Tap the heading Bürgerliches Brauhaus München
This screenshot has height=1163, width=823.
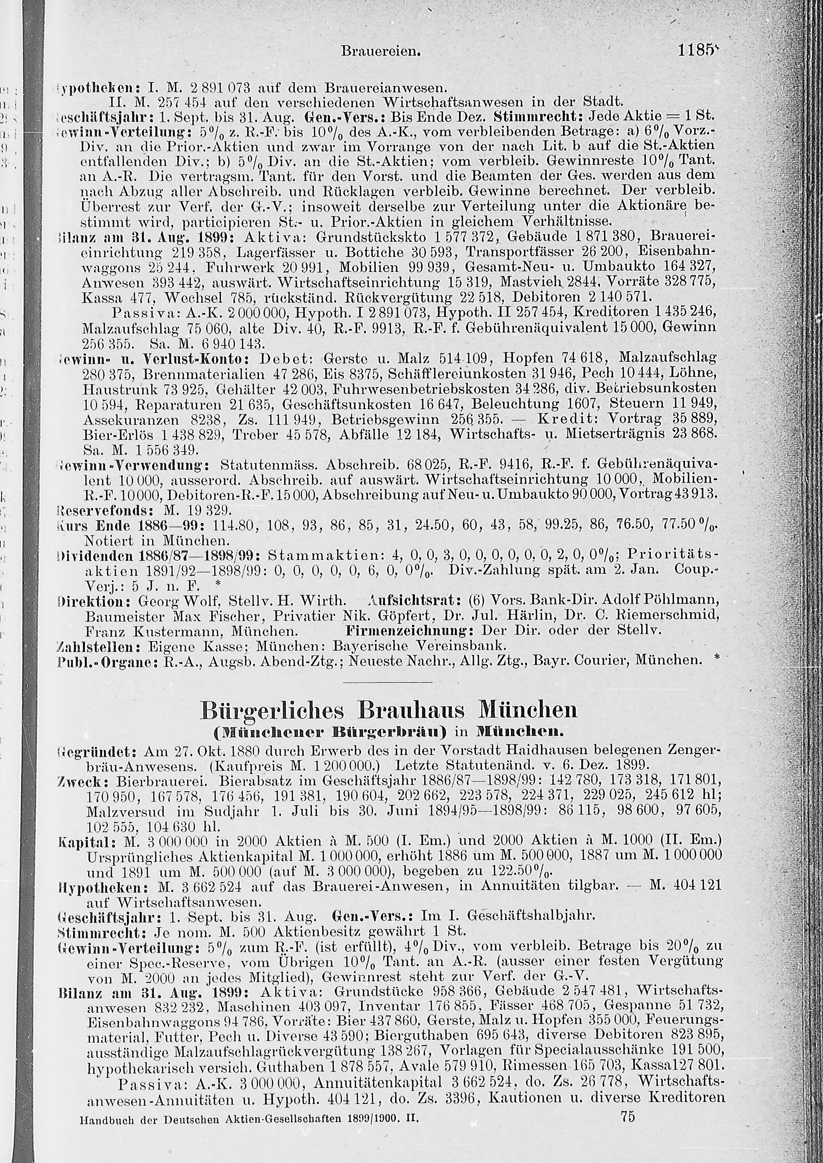[389, 710]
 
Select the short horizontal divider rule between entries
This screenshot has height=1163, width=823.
[388, 682]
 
